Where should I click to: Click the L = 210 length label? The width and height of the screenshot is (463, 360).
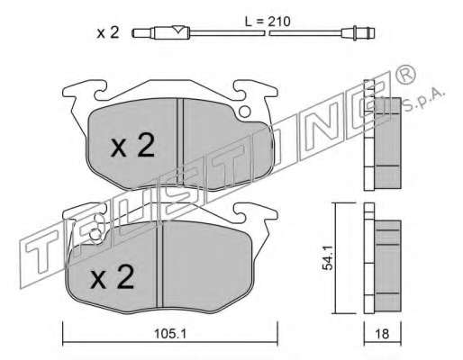(x=268, y=22)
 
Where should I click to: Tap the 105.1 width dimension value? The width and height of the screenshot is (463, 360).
(x=170, y=334)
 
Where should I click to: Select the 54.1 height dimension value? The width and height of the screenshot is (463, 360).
(x=327, y=257)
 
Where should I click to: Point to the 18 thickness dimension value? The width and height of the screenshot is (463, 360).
(x=382, y=334)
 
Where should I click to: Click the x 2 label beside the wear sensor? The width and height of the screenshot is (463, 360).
(x=108, y=32)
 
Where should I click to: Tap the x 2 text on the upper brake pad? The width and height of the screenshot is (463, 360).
(x=133, y=146)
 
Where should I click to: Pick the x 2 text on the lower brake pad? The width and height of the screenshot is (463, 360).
(x=113, y=277)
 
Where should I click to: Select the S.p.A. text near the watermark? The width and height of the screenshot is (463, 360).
(x=422, y=100)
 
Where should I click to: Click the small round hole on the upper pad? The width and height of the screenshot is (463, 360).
(x=245, y=112)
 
